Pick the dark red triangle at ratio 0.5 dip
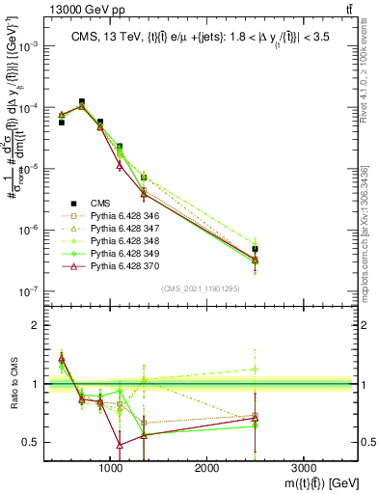(119, 445)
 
